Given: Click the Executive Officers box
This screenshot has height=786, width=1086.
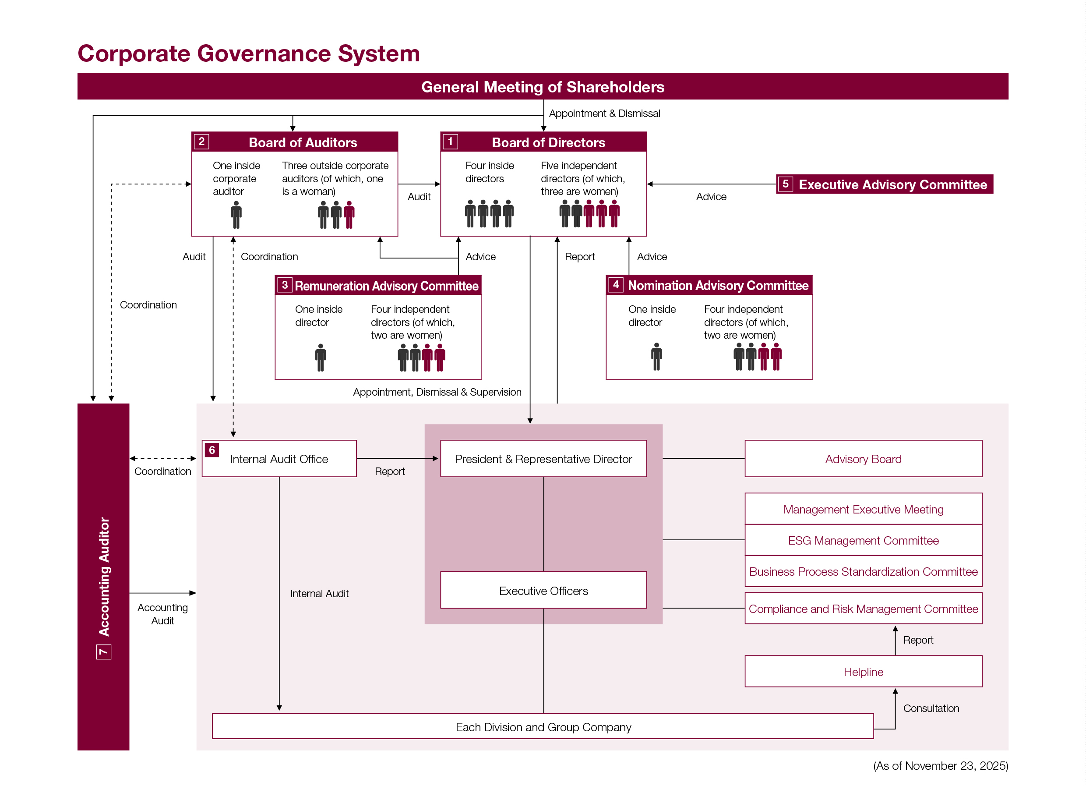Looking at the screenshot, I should [543, 591].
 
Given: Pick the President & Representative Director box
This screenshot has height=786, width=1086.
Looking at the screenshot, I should [543, 459].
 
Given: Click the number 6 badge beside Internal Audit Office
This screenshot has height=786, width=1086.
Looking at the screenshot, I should [212, 450].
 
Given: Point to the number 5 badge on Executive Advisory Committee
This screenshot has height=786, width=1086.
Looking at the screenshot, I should [785, 184].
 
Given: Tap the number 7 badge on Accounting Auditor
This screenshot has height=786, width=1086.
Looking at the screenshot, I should [103, 652].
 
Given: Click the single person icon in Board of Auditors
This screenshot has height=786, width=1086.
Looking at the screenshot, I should [236, 215].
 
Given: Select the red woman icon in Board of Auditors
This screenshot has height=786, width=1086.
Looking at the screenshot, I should [349, 215].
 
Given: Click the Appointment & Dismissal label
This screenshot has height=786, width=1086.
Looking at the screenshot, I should [604, 113].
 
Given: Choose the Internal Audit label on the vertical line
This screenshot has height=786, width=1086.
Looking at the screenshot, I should [319, 594].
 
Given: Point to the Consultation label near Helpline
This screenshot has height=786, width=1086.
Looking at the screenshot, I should [931, 708].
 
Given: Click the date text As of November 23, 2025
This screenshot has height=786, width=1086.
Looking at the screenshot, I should [941, 766].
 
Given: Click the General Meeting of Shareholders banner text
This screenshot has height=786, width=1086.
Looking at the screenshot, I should [543, 87].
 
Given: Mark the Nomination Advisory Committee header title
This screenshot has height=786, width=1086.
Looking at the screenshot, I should [718, 286].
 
